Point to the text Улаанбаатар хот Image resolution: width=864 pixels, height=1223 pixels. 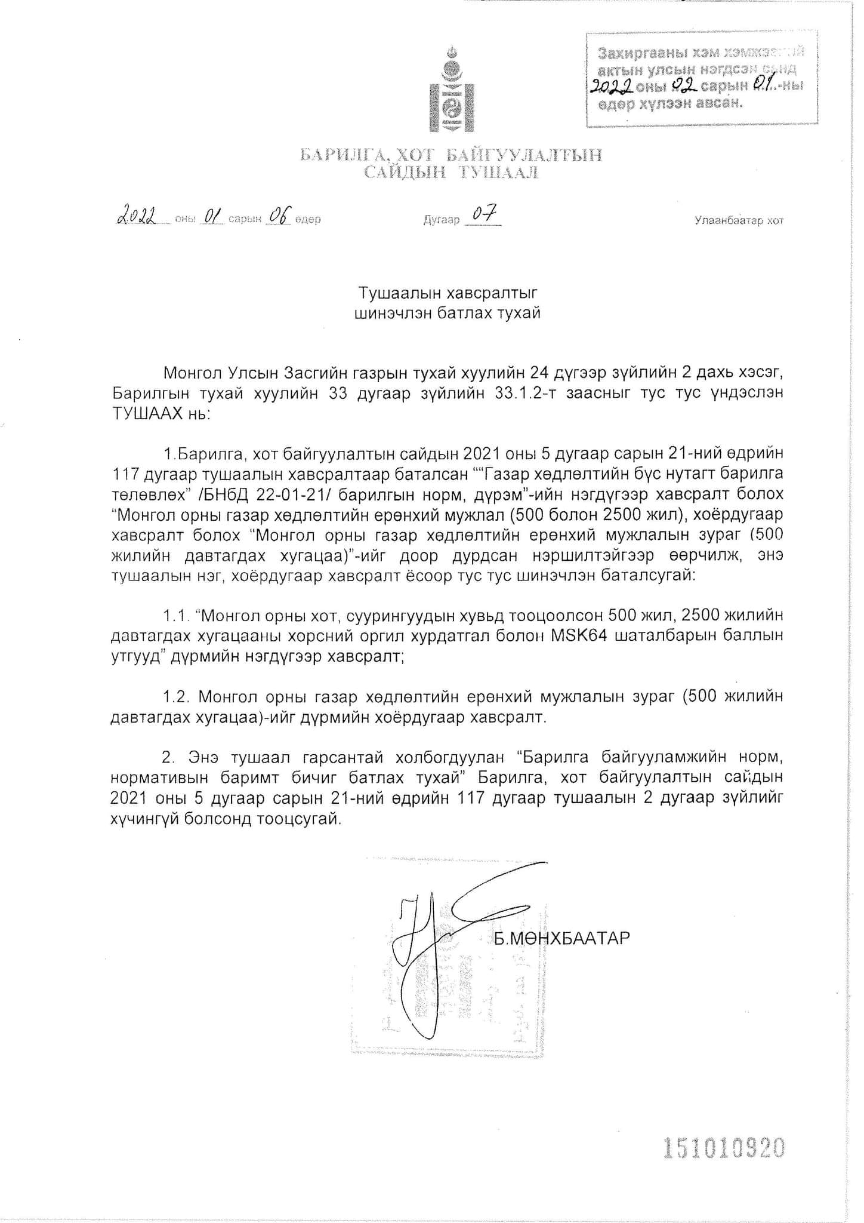coord(739,221)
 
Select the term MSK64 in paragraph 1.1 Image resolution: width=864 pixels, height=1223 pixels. coord(579,635)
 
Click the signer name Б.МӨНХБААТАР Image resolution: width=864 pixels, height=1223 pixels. coord(561,938)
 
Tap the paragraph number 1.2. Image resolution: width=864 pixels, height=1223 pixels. coord(177,697)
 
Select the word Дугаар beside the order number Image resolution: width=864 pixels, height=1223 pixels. coord(442,220)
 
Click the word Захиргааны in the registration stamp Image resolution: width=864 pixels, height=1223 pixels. coord(641,53)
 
